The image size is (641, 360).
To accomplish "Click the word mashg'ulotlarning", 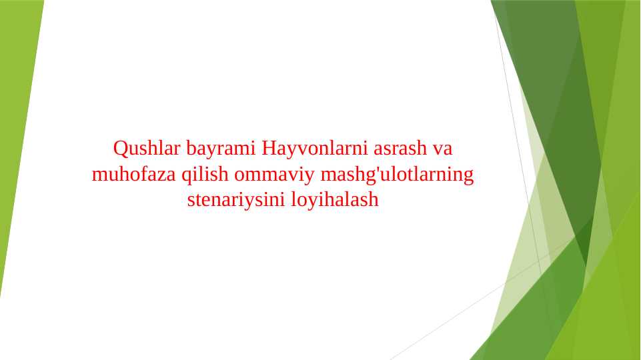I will pyautogui.click(x=397, y=175).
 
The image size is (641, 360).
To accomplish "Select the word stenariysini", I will pyautogui.click(x=236, y=199).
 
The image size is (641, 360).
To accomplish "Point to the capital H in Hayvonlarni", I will pyautogui.click(x=268, y=147).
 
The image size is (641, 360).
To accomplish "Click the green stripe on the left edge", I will pyautogui.click(x=17, y=133).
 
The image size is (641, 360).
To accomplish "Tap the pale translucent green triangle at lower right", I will pyautogui.click(x=520, y=280).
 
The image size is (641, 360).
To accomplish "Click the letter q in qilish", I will pyautogui.click(x=186, y=176).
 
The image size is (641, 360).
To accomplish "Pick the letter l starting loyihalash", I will pyautogui.click(x=292, y=199).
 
